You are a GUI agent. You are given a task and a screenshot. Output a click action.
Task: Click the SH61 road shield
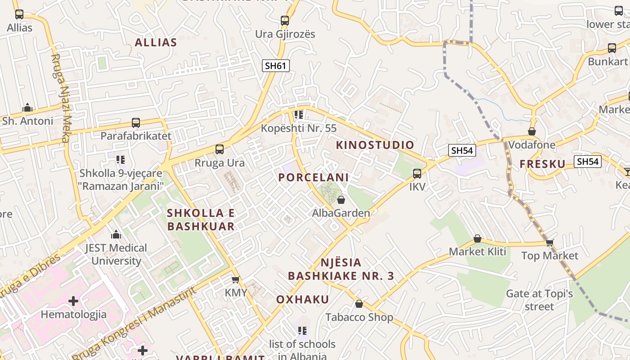(275, 66)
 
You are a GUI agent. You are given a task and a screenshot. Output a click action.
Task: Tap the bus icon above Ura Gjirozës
(285, 20)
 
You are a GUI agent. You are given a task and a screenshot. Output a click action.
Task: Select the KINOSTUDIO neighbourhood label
(375, 145)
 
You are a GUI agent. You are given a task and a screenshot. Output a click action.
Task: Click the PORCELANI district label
(313, 177)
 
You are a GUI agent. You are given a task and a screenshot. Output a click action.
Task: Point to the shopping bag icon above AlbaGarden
(341, 200)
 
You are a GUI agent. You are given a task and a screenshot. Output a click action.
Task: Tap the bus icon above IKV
(417, 173)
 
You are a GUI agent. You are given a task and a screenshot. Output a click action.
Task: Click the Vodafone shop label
(532, 145)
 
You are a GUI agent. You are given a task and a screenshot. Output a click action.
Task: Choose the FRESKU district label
(542, 164)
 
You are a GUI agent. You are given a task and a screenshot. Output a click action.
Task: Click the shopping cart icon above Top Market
(549, 243)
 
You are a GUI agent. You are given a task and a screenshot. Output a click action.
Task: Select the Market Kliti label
(477, 252)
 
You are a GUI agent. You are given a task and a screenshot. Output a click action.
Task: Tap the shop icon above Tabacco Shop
(359, 304)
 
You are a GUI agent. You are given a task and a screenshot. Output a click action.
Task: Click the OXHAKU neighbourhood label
(302, 300)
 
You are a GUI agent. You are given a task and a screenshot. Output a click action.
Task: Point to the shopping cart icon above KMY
(235, 280)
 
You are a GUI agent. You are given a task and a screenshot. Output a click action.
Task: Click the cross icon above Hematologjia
(73, 301)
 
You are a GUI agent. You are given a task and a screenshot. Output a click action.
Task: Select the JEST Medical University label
(116, 254)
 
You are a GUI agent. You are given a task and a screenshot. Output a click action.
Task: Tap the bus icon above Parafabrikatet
(135, 122)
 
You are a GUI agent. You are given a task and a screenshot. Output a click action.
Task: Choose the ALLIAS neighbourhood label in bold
(156, 43)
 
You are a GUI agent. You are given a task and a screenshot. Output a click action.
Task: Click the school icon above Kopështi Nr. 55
(298, 115)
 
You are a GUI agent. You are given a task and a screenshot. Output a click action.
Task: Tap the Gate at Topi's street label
(539, 300)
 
